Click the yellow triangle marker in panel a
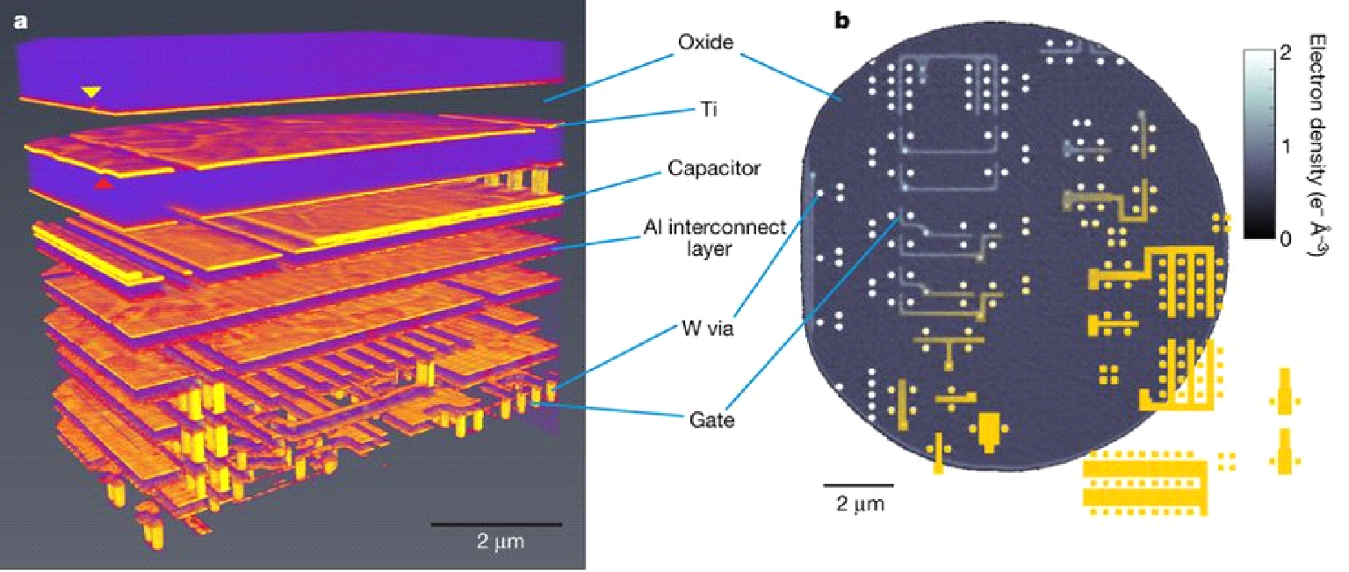pyautogui.click(x=90, y=91)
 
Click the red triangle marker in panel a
pyautogui.click(x=105, y=184)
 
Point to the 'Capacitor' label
pyautogui.click(x=700, y=167)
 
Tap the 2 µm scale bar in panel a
pyautogui.click(x=495, y=525)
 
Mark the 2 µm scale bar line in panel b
pyautogui.click(x=858, y=484)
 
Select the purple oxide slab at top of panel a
pyautogui.click(x=290, y=66)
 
